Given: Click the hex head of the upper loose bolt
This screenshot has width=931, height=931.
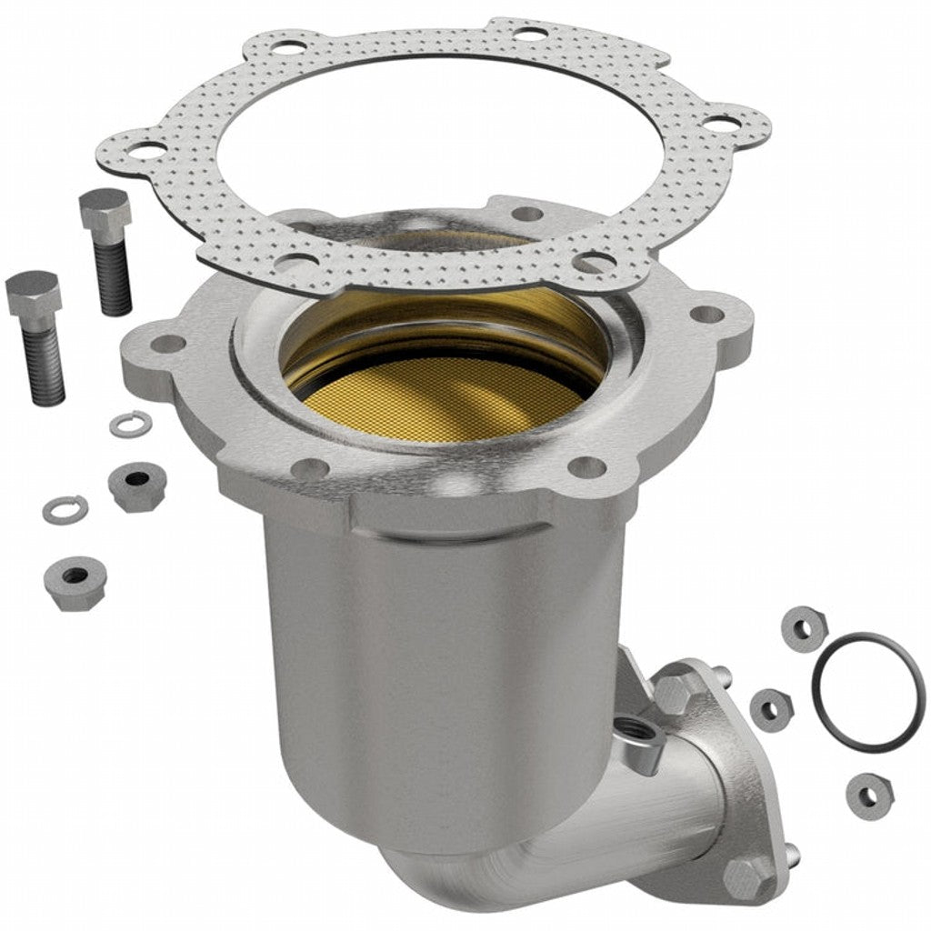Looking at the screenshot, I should click(105, 210).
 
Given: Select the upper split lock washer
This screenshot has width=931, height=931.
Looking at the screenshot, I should click(130, 424).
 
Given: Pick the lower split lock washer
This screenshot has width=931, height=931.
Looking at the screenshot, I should click(65, 509).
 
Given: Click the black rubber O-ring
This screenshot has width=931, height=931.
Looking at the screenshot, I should click(868, 692).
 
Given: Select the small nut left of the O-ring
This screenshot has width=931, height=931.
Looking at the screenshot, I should click(771, 709).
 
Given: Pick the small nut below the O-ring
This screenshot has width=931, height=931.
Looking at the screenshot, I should click(869, 796).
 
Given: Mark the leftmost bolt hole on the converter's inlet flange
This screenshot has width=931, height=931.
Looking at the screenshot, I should click(166, 344).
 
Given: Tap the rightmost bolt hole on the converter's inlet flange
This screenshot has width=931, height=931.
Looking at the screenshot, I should click(706, 315).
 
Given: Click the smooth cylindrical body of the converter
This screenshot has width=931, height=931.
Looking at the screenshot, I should click(436, 655).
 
